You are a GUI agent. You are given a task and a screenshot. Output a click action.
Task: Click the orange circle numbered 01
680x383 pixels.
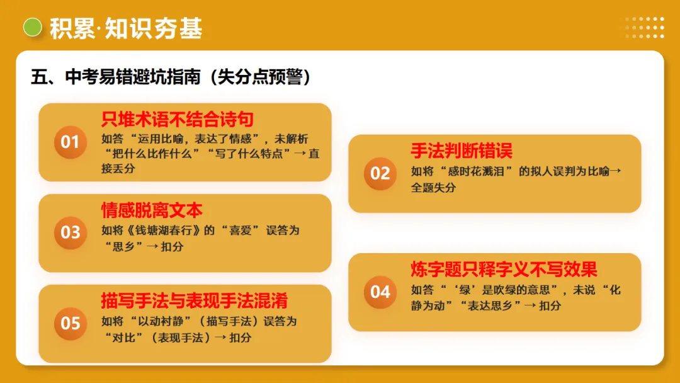pos(70,142)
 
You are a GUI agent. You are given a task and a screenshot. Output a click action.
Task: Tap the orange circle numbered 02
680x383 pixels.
pos(380,173)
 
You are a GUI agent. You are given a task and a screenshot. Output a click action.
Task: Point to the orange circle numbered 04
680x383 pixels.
pos(380,292)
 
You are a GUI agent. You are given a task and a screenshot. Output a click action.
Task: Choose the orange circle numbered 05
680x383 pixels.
pos(70,323)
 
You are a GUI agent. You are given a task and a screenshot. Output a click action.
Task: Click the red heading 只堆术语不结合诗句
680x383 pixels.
pos(178,120)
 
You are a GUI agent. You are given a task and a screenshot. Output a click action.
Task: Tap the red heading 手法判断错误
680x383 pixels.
pos(462,151)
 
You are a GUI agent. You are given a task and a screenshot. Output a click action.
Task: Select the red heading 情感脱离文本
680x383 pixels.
pos(152,210)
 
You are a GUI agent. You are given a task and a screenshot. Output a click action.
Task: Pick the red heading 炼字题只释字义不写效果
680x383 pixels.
pos(504,270)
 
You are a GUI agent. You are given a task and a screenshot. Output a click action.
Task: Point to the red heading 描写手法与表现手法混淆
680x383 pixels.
pos(195,301)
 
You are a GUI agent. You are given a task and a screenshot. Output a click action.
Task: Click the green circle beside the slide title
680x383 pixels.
pos(32,28)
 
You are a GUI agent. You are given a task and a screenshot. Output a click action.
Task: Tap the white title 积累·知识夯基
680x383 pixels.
pos(126,28)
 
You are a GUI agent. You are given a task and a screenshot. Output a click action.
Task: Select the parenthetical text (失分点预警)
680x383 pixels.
pos(260,77)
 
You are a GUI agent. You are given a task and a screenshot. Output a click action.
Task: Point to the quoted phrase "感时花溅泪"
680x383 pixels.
pos(470,171)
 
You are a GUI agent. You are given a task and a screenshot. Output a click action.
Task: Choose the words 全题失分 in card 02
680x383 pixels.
pos(433,188)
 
